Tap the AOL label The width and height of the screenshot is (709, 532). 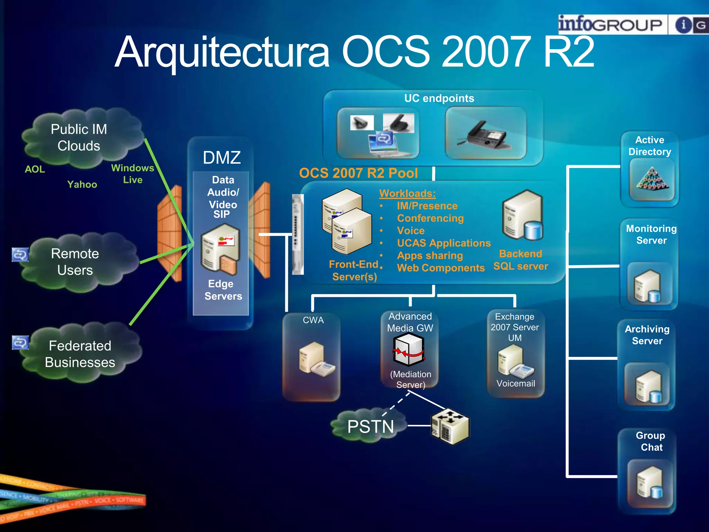35,169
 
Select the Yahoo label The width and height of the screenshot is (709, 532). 82,184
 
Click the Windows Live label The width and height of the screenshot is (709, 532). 133,174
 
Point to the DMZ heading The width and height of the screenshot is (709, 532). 222,158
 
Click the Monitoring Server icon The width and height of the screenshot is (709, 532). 647,286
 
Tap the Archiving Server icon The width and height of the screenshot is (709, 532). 648,386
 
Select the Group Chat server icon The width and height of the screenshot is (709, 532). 650,482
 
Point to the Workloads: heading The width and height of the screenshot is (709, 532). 407,193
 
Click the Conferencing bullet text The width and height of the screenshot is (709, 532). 430,218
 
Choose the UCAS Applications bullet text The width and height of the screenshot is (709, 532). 444,243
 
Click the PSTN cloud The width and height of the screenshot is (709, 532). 369,426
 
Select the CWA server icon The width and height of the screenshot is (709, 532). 315,360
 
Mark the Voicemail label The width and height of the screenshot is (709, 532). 515,383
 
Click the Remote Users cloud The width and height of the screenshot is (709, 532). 75,262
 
